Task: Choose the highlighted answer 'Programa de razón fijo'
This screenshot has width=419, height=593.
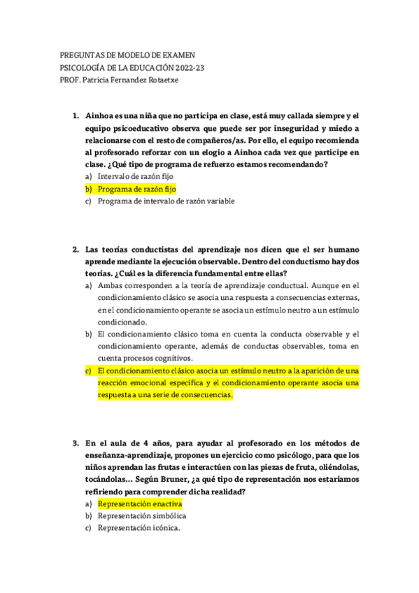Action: pos(137,189)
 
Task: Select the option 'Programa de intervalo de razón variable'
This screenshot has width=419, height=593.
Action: pos(166,201)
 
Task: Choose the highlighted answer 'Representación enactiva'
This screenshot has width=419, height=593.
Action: pos(140,503)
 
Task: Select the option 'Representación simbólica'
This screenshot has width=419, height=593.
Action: pos(142,516)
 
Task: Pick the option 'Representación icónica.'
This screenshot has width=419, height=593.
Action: pos(139,529)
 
